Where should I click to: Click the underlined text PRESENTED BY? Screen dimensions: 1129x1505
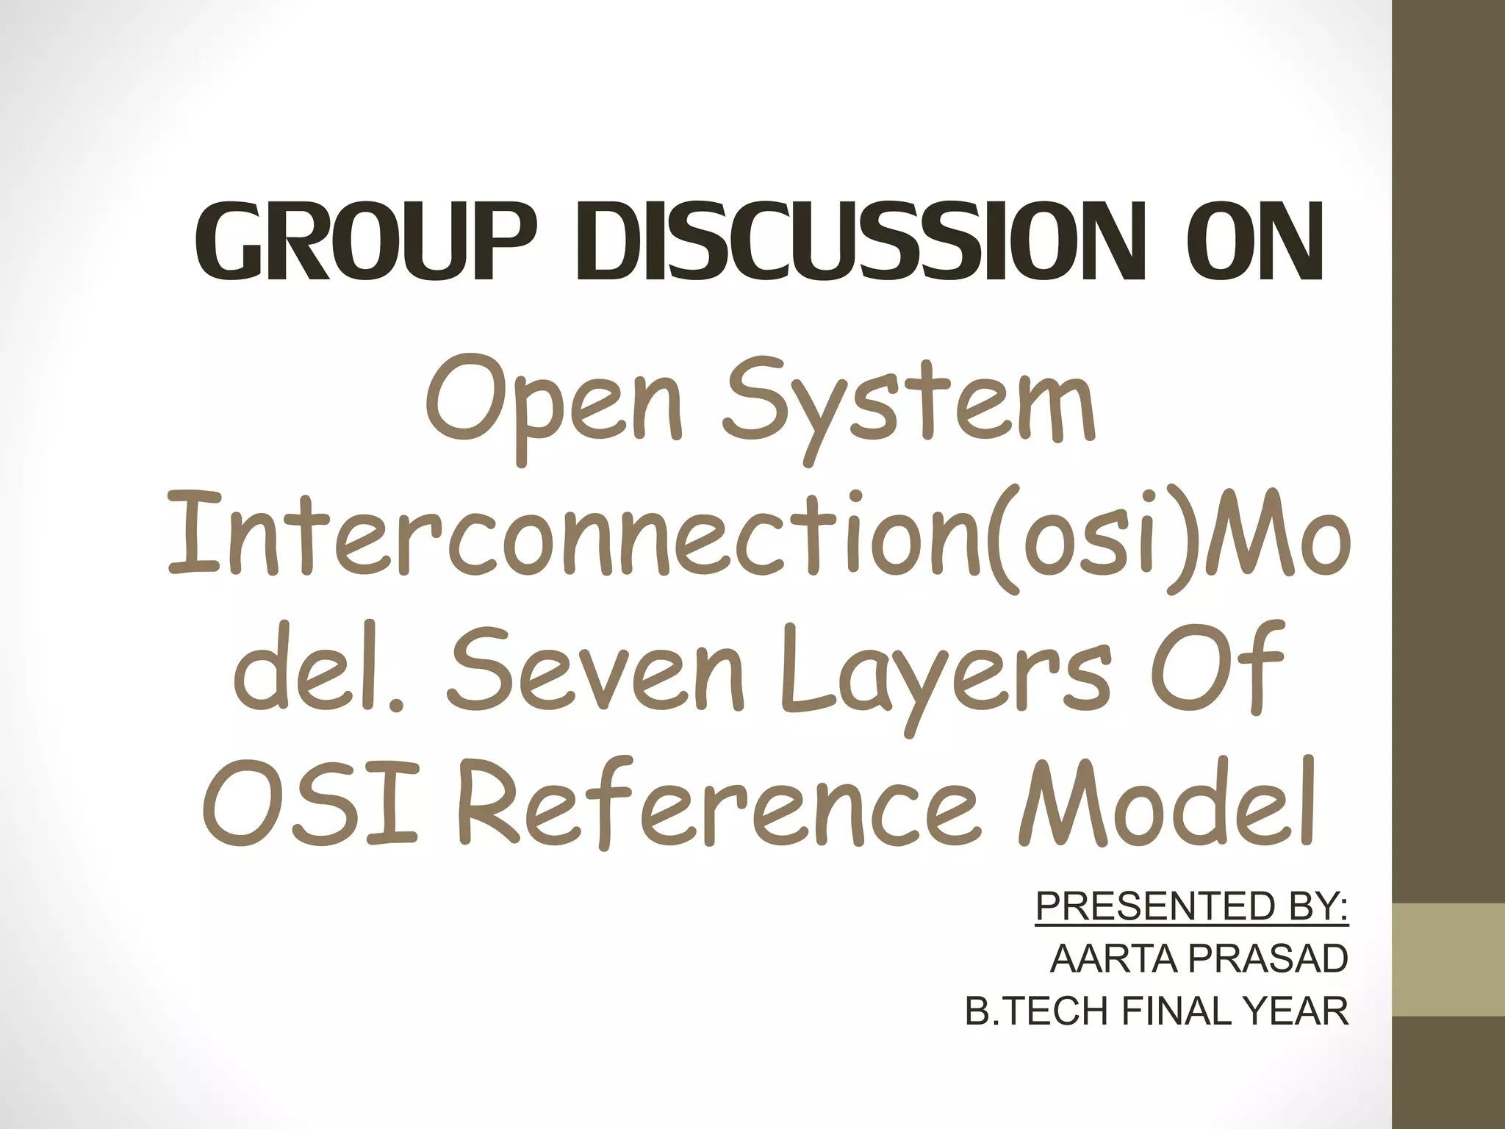click(x=1192, y=906)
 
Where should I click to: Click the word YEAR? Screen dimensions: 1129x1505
click(x=1300, y=1011)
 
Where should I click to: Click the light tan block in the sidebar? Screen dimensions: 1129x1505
click(x=1448, y=959)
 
